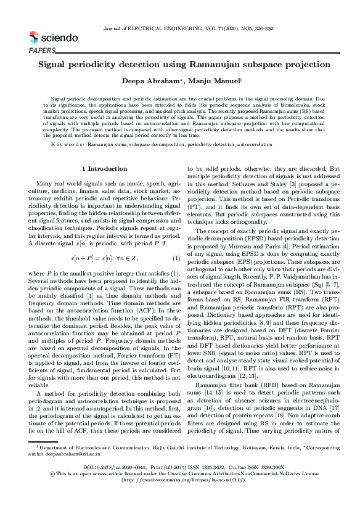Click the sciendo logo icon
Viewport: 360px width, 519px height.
[33, 37]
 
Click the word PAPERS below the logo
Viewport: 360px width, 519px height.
[42, 50]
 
